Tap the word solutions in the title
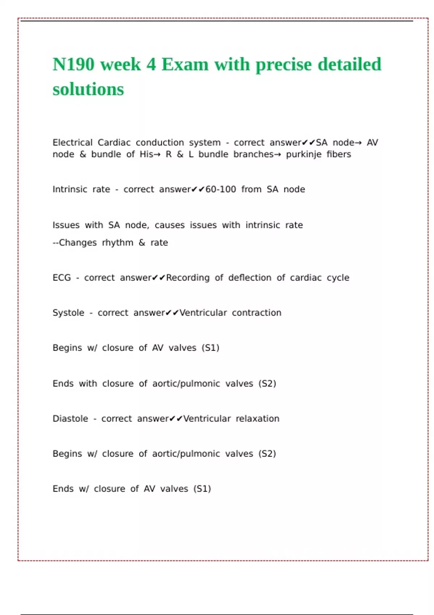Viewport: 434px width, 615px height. (88, 89)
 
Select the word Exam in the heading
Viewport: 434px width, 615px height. (185, 65)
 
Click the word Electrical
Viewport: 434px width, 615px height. (72, 143)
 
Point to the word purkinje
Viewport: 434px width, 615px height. (304, 154)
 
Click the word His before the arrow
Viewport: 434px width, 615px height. (146, 154)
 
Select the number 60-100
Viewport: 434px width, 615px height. (221, 190)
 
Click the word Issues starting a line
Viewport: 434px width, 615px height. (66, 225)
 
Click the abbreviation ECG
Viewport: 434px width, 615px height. (61, 278)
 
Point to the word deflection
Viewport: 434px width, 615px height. (250, 278)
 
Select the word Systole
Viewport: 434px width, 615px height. (68, 313)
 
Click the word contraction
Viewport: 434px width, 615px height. (256, 313)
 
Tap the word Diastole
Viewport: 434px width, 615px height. (70, 419)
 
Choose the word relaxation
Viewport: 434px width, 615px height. (258, 419)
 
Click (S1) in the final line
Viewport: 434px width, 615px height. (202, 489)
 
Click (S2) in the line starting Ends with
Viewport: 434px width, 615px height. (267, 384)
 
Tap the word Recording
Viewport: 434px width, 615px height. (188, 278)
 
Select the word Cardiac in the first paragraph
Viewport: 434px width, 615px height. (114, 143)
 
